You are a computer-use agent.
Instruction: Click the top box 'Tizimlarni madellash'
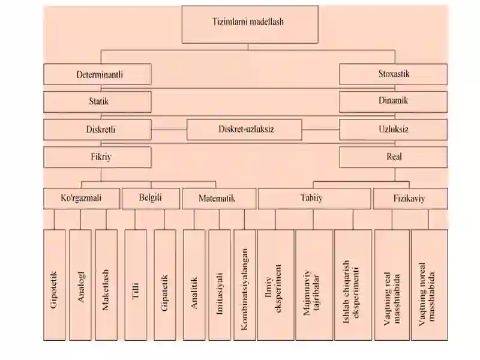pos(250,24)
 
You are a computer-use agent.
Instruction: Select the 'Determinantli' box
pos(97,74)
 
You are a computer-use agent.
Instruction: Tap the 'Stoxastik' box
pos(394,74)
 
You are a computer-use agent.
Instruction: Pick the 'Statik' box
pos(97,101)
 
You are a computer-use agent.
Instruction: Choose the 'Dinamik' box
pos(394,101)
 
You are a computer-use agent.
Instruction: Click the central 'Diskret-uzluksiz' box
pos(244,130)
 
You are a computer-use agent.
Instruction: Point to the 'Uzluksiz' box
pos(394,130)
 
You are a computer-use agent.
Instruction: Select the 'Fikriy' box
pos(97,157)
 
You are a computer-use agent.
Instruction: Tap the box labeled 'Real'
pos(394,157)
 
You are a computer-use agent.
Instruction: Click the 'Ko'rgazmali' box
pos(82,199)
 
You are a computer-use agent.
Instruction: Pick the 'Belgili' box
pos(151,199)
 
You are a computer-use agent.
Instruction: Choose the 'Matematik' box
pos(219,199)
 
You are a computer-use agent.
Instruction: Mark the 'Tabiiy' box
pos(314,199)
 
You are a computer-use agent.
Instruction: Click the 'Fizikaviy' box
pos(410,199)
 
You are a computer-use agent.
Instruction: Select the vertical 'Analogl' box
pos(80,285)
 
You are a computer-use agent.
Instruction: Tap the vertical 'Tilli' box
pos(136,285)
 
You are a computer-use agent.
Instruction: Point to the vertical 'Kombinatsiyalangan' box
pos(245,285)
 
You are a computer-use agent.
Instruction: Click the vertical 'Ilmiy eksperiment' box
pos(276,285)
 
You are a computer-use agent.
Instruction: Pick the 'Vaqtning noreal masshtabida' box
pos(430,285)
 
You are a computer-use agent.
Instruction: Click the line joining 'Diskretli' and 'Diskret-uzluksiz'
pos(169,130)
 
